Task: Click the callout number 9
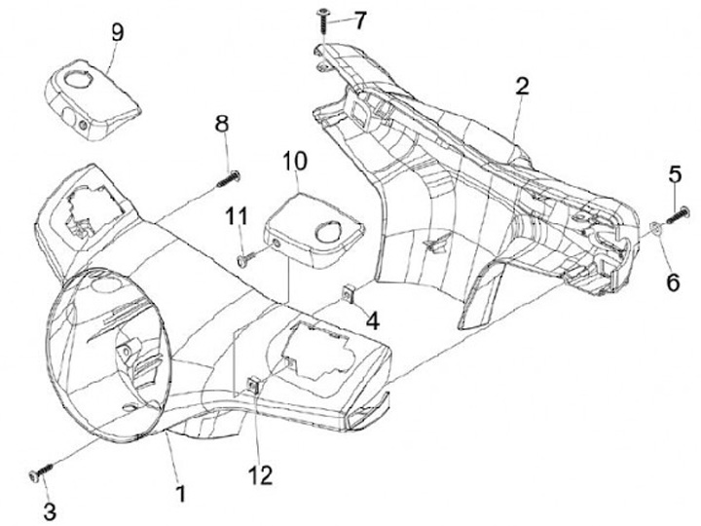pyautogui.click(x=117, y=32)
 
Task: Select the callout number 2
pyautogui.click(x=522, y=86)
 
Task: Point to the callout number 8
pyautogui.click(x=222, y=124)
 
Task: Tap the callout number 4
pyautogui.click(x=372, y=319)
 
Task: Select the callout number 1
pyautogui.click(x=180, y=493)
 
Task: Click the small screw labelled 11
pyautogui.click(x=246, y=258)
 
